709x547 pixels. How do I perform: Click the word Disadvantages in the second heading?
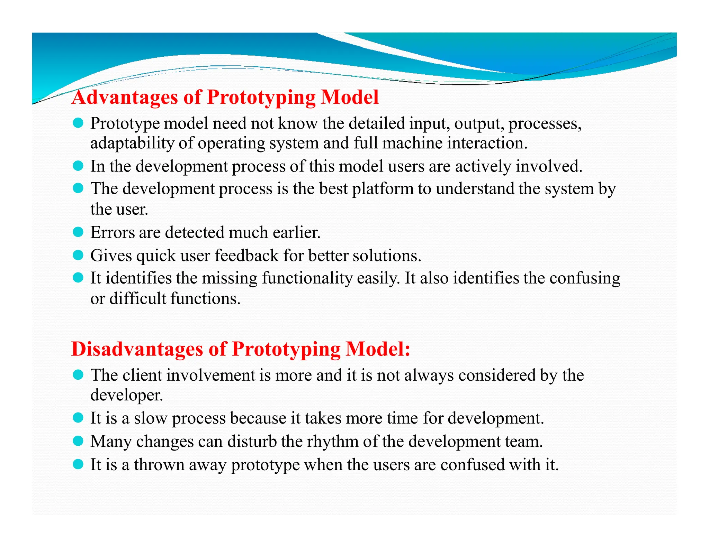tap(137, 349)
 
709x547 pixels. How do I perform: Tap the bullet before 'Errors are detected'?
tap(78, 232)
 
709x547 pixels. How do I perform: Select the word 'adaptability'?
tap(132, 143)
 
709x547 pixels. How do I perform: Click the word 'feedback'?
tap(246, 256)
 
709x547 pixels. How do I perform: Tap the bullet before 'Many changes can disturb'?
tap(78, 441)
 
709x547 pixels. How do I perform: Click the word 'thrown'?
tap(159, 464)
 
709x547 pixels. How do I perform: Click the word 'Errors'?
tap(112, 232)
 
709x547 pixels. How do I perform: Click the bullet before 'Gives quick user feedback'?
tap(78, 255)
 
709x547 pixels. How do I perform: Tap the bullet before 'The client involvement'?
tap(78, 374)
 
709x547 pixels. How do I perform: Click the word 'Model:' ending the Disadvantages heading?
tap(378, 349)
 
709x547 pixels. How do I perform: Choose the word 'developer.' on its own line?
tap(126, 395)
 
